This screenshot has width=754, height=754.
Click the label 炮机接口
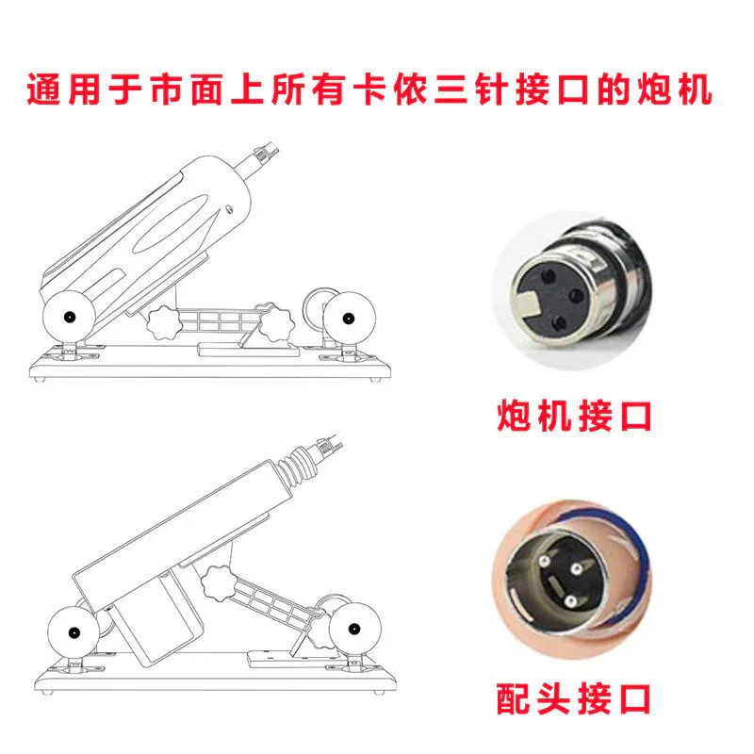(574, 416)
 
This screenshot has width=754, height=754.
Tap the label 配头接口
(573, 698)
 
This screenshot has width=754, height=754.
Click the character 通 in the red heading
(43, 89)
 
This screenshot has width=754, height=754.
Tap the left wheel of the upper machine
(69, 317)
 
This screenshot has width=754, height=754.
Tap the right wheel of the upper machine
(349, 318)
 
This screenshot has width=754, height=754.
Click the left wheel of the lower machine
(74, 632)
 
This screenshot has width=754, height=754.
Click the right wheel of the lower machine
(354, 629)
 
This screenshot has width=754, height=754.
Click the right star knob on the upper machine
(276, 322)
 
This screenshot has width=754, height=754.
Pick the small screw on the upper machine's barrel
(230, 209)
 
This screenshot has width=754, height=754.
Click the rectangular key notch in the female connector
(529, 303)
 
